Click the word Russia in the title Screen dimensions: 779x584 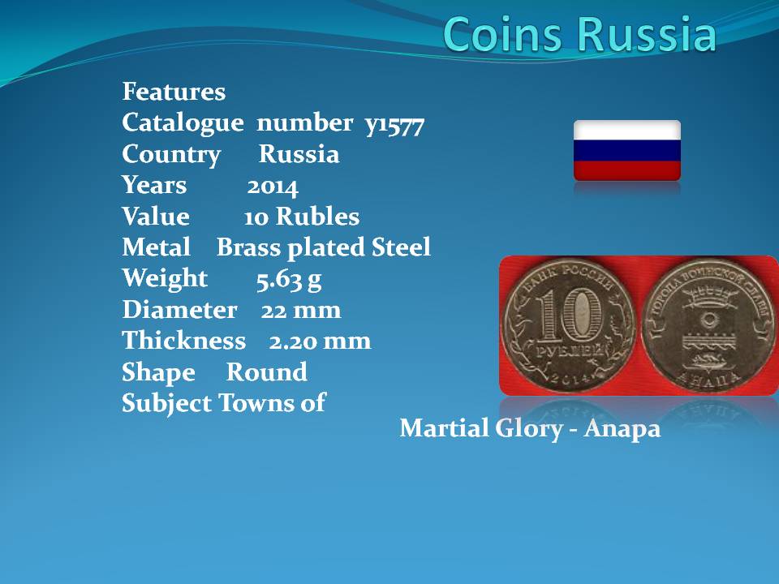pos(647,34)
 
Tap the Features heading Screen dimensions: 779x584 pos(174,92)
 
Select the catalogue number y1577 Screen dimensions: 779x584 pos(394,125)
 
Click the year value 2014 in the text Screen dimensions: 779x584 pos(273,187)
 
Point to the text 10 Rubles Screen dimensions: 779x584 pos(302,217)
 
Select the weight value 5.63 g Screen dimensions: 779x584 pos(289,280)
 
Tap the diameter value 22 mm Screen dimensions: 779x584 pos(301,311)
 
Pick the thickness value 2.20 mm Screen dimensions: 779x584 pos(320,341)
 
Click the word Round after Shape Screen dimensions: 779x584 pos(267,372)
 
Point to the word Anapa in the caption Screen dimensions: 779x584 pos(622,428)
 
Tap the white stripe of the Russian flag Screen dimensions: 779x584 pos(627,130)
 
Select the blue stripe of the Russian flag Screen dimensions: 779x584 pos(627,151)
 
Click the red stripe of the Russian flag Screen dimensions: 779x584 pos(627,170)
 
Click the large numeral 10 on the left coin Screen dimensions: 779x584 pos(570,315)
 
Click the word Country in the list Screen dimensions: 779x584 pos(171,154)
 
